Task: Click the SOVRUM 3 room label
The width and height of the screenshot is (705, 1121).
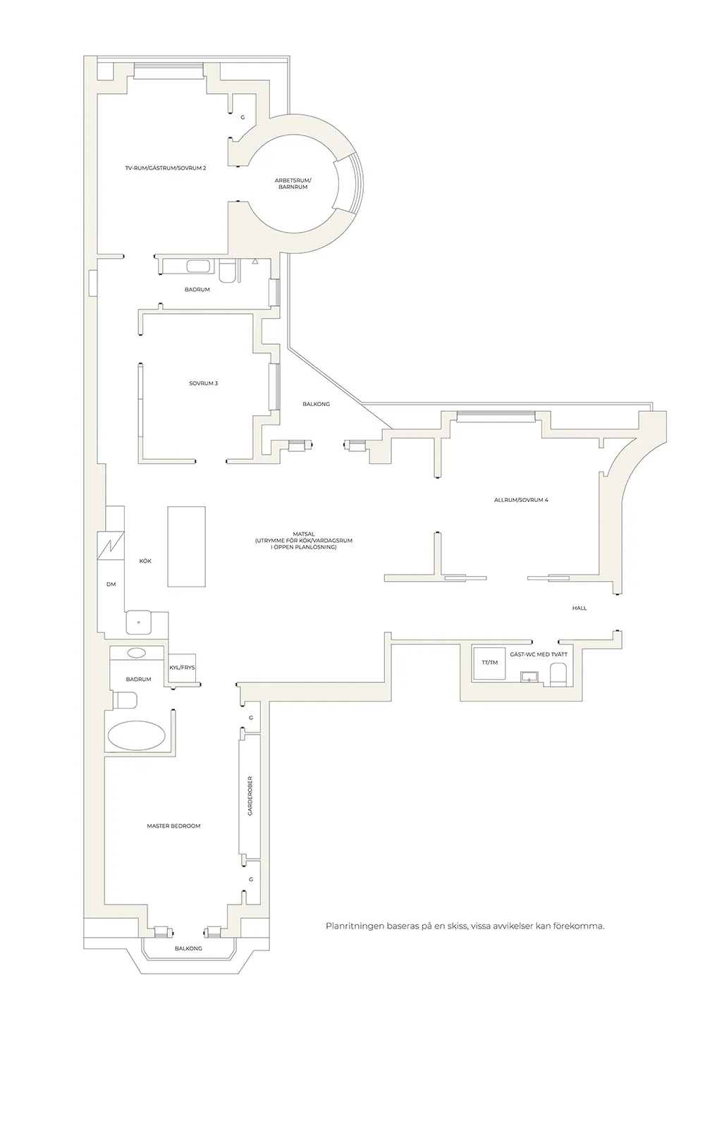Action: pyautogui.click(x=203, y=384)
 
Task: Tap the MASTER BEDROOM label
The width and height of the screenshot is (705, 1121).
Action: pyautogui.click(x=173, y=826)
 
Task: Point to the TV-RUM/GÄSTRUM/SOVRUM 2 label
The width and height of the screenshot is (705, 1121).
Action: pyautogui.click(x=166, y=168)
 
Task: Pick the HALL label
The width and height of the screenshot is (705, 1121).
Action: pyautogui.click(x=580, y=608)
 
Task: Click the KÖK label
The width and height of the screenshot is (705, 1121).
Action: pyautogui.click(x=145, y=561)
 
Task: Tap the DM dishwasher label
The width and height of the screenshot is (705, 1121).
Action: pyautogui.click(x=111, y=584)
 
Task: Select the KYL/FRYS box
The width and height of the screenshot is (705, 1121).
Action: pyautogui.click(x=182, y=668)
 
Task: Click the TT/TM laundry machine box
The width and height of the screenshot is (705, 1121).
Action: pyautogui.click(x=490, y=663)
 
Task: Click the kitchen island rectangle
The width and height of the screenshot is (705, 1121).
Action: pyautogui.click(x=186, y=546)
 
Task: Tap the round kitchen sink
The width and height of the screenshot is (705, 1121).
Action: pyautogui.click(x=139, y=623)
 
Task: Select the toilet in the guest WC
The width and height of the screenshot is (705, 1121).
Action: pyautogui.click(x=558, y=674)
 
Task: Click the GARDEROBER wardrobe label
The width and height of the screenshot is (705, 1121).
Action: pyautogui.click(x=250, y=796)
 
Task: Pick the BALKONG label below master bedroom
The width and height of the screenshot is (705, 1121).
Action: pyautogui.click(x=188, y=948)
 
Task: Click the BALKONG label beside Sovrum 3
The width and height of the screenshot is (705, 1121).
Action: pyautogui.click(x=317, y=404)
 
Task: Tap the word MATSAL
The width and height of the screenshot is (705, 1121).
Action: pyautogui.click(x=305, y=534)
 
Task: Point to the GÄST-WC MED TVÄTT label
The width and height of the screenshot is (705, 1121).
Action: pyautogui.click(x=539, y=654)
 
